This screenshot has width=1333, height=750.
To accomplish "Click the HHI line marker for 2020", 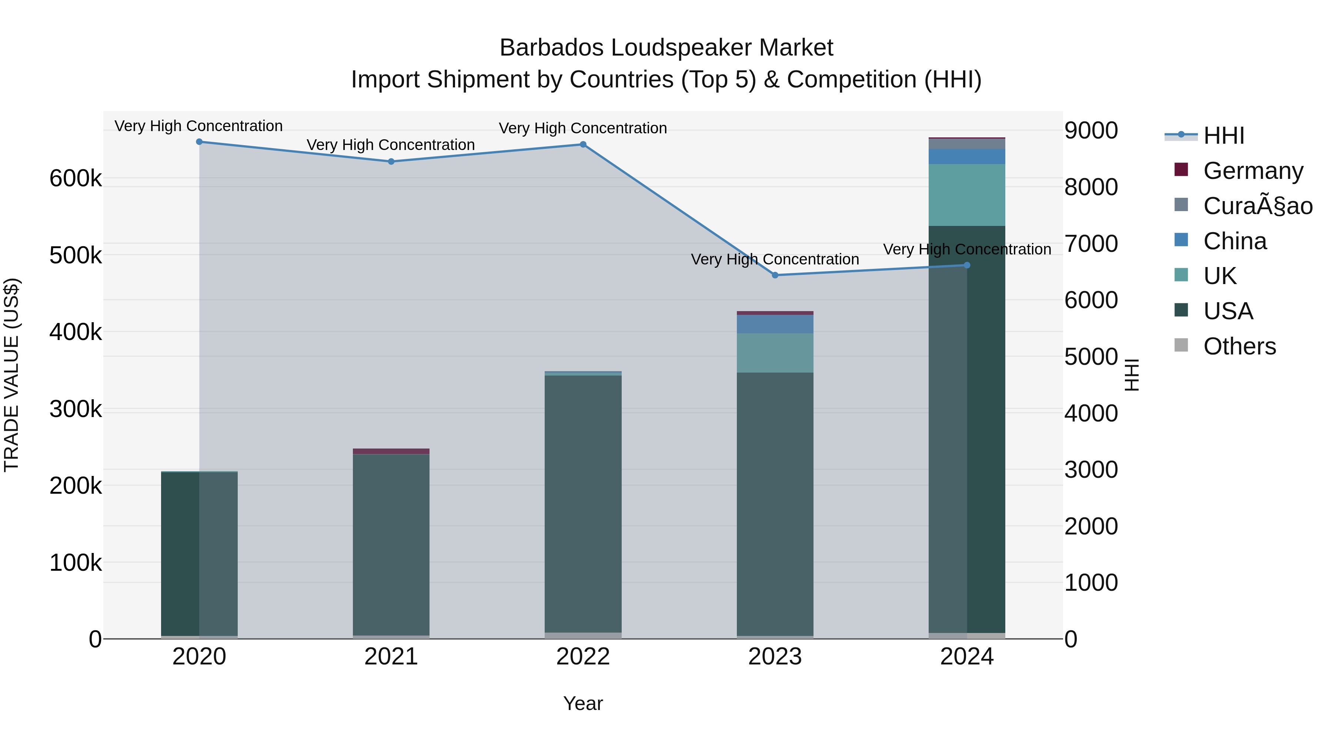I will [199, 142].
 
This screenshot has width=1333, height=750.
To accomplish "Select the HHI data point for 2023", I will [775, 275].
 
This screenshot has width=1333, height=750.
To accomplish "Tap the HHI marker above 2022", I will [583, 144].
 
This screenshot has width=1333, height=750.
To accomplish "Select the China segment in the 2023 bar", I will [775, 324].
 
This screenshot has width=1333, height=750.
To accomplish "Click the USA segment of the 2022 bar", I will [583, 502].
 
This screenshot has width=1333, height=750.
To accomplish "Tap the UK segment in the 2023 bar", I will [775, 353].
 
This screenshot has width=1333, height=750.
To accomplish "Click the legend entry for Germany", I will [1253, 171].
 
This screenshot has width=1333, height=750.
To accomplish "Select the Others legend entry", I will [1239, 346].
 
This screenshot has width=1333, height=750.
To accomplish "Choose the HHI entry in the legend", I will [1223, 136].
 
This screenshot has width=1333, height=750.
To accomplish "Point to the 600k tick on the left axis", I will [76, 179].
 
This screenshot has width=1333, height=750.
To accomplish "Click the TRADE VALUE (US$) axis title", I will [11, 375].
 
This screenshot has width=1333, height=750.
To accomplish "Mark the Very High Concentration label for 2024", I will [967, 250].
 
